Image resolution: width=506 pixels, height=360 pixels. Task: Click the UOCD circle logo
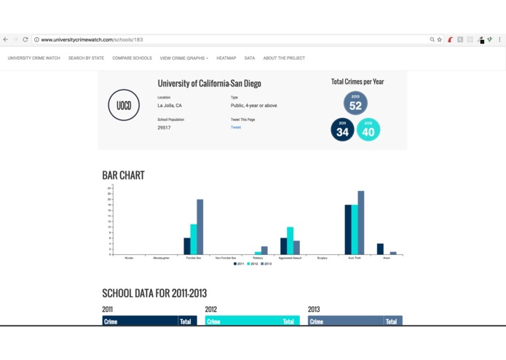[x=124, y=106]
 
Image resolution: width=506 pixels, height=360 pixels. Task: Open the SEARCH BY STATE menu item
[x=86, y=58]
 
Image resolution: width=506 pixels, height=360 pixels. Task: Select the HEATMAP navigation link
[x=226, y=58]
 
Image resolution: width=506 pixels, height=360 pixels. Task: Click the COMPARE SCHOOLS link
[x=132, y=58]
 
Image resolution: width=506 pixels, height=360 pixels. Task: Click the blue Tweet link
[x=236, y=127]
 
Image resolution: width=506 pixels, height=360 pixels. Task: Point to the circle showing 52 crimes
[x=355, y=103]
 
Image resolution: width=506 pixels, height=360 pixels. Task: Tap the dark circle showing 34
[x=342, y=130]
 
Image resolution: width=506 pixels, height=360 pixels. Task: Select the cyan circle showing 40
[x=368, y=130]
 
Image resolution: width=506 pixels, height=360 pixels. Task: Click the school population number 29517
[x=164, y=128]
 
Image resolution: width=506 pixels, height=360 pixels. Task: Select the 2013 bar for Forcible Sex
[x=200, y=227]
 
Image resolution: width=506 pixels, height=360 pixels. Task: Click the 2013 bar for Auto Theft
[x=361, y=222]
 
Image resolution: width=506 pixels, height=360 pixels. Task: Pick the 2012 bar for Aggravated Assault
[x=290, y=240]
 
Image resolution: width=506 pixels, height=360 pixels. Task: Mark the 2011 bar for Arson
[x=380, y=249]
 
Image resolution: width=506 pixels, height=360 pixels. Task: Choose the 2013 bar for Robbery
[x=264, y=250]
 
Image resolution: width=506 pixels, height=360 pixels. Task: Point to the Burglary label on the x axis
[x=323, y=257]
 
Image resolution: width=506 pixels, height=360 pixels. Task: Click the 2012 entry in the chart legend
[x=252, y=264]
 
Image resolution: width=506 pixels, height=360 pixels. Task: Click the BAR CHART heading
[x=123, y=175]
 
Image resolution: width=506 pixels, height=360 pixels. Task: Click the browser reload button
[x=25, y=39]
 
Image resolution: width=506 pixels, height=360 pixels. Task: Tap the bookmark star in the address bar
[x=440, y=39]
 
